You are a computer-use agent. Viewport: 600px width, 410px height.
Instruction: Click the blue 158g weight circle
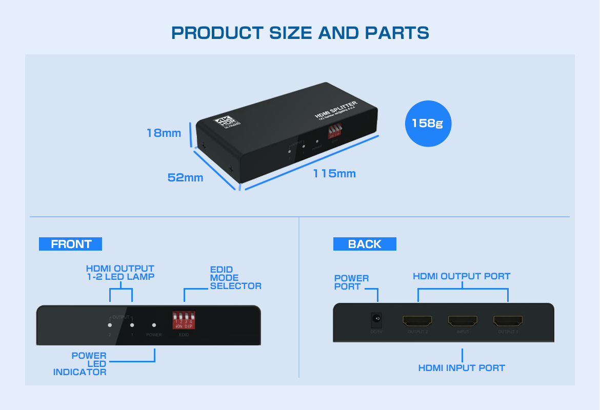[428, 124]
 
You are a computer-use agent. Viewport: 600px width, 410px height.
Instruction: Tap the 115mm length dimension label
[334, 174]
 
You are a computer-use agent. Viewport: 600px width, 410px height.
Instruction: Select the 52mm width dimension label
[185, 178]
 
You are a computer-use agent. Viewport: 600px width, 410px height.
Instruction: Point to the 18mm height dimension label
[164, 133]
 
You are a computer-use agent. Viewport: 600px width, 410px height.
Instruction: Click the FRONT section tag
[71, 244]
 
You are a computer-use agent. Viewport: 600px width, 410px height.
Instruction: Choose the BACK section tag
[365, 244]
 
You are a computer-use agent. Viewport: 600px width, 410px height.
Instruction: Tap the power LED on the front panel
[154, 325]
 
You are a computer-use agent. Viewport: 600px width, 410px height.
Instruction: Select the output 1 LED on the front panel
[132, 325]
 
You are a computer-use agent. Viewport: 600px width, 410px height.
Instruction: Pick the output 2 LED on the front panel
[110, 325]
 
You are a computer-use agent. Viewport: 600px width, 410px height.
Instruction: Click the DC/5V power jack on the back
[377, 320]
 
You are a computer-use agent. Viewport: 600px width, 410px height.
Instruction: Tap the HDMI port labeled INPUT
[463, 321]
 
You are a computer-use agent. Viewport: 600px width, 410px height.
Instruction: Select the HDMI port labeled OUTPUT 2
[417, 321]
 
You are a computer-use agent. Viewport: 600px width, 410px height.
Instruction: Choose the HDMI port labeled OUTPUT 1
[508, 321]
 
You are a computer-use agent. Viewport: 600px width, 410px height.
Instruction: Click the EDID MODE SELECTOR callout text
[235, 278]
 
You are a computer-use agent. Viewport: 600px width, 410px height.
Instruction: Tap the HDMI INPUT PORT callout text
[462, 368]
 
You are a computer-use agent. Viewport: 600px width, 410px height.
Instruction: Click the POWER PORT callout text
[351, 282]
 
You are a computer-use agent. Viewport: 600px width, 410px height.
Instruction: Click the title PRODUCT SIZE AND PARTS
[300, 33]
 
